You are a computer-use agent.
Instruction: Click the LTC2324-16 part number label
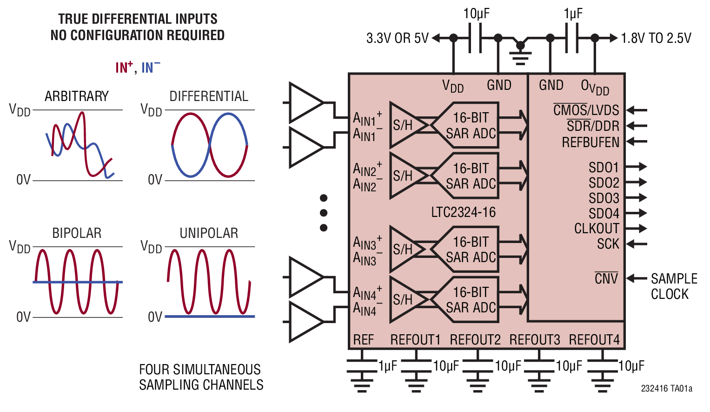[x=463, y=212]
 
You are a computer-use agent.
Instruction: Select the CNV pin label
[x=606, y=279]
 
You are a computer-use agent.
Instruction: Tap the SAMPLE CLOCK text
[x=674, y=286]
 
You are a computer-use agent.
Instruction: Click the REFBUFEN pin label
[x=591, y=142]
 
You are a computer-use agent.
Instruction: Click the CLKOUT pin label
[x=597, y=229]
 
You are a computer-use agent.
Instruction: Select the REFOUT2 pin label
[x=475, y=340]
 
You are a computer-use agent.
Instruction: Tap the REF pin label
[x=363, y=340]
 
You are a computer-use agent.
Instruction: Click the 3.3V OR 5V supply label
[x=398, y=38]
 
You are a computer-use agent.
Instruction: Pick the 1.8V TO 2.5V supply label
[x=656, y=38]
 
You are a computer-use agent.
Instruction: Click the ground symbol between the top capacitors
[x=520, y=54]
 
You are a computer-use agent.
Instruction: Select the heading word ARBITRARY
[x=77, y=96]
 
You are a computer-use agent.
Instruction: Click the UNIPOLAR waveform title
[x=209, y=233]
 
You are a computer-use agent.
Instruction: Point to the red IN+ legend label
[x=124, y=68]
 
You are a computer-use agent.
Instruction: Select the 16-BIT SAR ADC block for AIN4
[x=470, y=300]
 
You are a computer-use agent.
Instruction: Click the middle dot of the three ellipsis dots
[x=324, y=213]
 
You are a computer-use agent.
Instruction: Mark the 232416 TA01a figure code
[x=666, y=388]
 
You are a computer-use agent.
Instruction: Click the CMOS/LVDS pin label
[x=586, y=110]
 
